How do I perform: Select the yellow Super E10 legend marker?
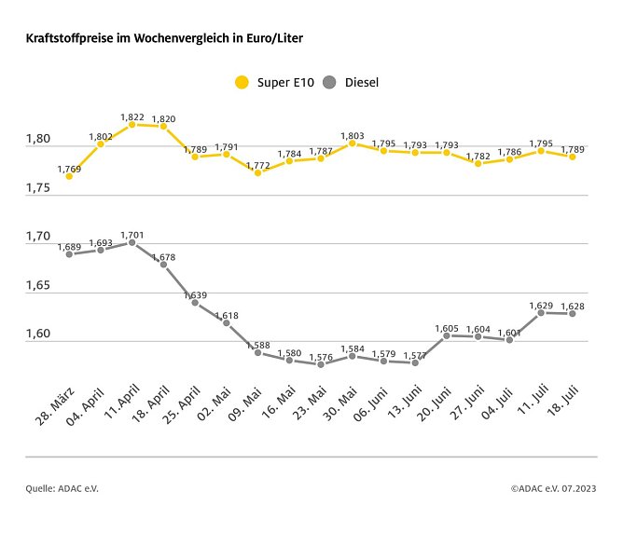click(x=242, y=83)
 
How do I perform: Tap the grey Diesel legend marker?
click(x=329, y=83)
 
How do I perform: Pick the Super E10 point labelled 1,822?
click(x=132, y=124)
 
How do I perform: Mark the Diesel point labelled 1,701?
click(x=132, y=242)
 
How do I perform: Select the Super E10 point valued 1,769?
click(x=69, y=176)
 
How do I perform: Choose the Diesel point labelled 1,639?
click(x=195, y=303)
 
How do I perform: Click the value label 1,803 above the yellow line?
click(x=353, y=136)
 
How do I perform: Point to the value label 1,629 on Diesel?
click(x=541, y=305)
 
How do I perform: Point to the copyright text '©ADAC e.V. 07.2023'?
click(x=553, y=487)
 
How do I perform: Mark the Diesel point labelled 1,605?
click(x=447, y=335)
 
